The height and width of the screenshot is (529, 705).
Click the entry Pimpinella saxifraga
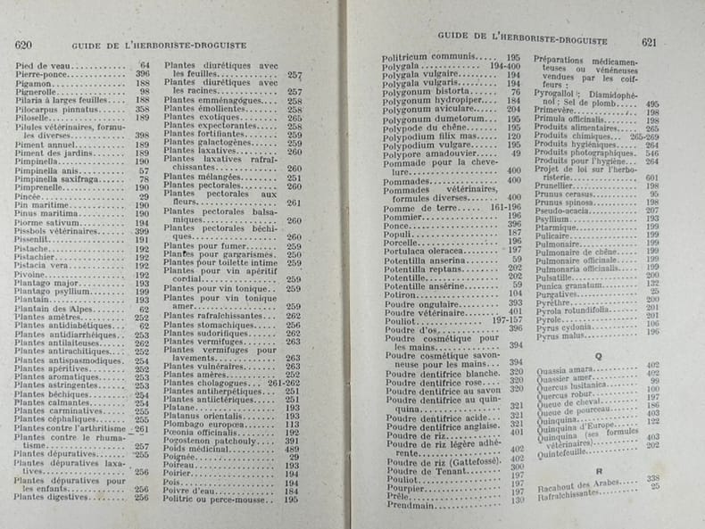[x=60, y=179]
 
